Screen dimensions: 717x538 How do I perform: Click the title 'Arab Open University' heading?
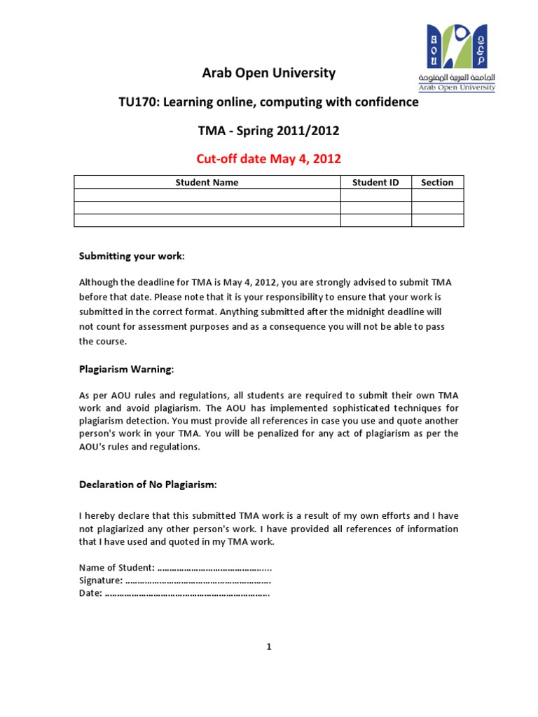[269, 73]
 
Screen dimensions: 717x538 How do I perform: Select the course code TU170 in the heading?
[139, 102]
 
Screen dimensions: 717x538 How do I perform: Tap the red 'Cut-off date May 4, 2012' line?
[269, 159]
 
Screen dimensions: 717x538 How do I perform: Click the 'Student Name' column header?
[207, 182]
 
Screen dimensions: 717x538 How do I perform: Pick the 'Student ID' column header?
[375, 182]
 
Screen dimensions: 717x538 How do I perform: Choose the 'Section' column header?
[437, 182]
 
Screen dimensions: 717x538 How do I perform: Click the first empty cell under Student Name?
[207, 195]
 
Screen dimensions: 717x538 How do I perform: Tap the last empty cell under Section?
[437, 221]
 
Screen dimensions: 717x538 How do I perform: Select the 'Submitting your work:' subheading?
[132, 256]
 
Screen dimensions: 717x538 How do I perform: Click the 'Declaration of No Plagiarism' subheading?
[148, 485]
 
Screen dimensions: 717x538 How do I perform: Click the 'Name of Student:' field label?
[113, 568]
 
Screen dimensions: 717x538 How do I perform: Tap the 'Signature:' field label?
[101, 580]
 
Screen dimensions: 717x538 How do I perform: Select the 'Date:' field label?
[90, 594]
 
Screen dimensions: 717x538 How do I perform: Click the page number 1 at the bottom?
[268, 647]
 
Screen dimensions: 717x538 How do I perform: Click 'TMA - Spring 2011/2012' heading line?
[269, 131]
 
